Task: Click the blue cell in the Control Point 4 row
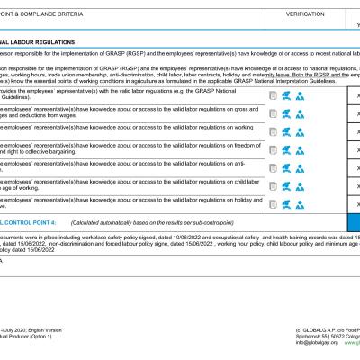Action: point(354,221)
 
